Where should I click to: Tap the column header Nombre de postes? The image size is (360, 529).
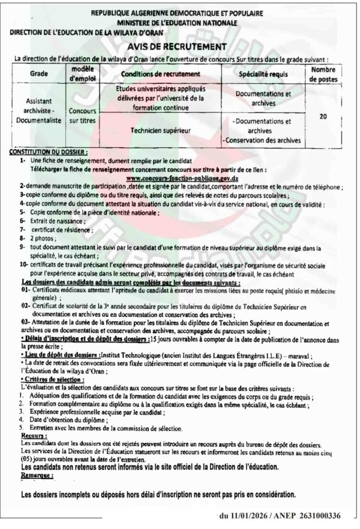tap(323, 74)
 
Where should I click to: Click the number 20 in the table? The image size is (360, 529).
tap(323, 117)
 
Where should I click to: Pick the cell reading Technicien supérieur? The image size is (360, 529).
tap(153, 131)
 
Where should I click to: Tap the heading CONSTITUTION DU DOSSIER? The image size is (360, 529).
tap(49, 153)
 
